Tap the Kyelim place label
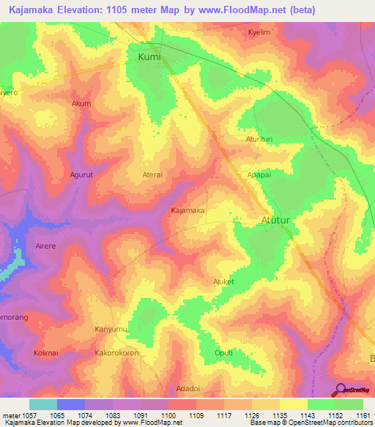point(259,33)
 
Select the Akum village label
point(81,103)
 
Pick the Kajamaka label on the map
point(187,211)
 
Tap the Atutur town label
point(276,220)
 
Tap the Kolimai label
point(45,353)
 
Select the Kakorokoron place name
point(116,353)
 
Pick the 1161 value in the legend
point(363,415)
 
